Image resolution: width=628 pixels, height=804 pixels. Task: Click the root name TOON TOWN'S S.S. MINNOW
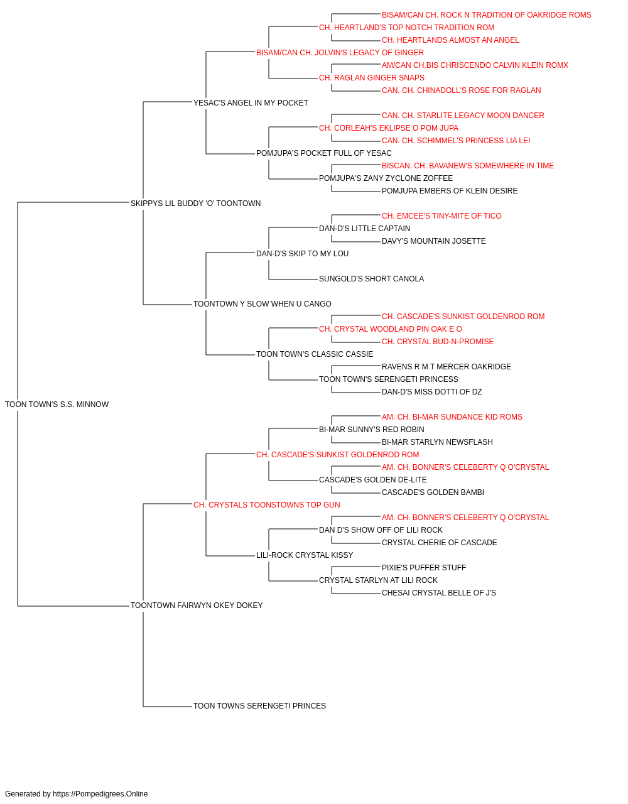coord(57,405)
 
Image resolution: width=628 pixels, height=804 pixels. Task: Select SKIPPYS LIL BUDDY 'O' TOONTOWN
coord(196,204)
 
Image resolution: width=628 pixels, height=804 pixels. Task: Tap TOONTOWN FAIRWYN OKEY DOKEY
coord(197,606)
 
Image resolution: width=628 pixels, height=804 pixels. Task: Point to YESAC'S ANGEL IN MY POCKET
coord(251,103)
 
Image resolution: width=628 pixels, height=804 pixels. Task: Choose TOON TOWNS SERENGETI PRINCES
coord(259,706)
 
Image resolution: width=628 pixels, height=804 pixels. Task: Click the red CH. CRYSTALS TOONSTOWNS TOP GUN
coord(267,505)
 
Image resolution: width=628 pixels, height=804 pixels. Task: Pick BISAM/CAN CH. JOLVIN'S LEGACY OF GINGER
coord(340,53)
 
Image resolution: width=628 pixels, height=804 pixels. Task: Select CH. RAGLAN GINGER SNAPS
coord(372,78)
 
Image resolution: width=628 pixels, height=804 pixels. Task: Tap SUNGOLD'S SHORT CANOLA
coord(371,279)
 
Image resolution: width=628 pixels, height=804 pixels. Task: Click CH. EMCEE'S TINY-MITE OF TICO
coord(441,216)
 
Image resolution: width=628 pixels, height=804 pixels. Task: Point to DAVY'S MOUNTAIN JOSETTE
coord(434,241)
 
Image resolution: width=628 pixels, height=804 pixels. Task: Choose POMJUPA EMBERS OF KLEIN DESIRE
coord(450,191)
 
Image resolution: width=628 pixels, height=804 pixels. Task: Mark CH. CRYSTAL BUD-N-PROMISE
coord(438,342)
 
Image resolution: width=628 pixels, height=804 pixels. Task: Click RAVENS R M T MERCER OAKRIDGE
coord(447,367)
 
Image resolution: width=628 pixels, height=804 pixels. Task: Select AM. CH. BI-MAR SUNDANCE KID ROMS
coord(452,417)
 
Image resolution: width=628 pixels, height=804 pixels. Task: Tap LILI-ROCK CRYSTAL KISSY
coord(305,555)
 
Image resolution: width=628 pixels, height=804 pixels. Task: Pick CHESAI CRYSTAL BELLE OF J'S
coord(439,593)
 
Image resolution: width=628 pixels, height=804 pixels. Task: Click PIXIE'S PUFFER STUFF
coord(424,568)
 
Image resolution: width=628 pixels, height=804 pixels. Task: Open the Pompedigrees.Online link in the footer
coord(100,794)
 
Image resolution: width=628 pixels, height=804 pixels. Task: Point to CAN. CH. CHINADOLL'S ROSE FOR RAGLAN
coord(461,90)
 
